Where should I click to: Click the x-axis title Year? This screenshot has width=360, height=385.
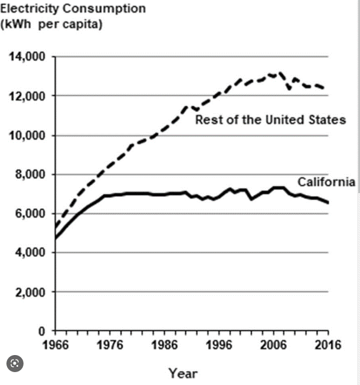183,373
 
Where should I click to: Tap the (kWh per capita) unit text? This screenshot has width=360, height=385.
51,26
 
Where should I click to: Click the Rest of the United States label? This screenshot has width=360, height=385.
270,120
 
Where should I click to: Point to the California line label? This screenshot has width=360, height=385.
326,182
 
